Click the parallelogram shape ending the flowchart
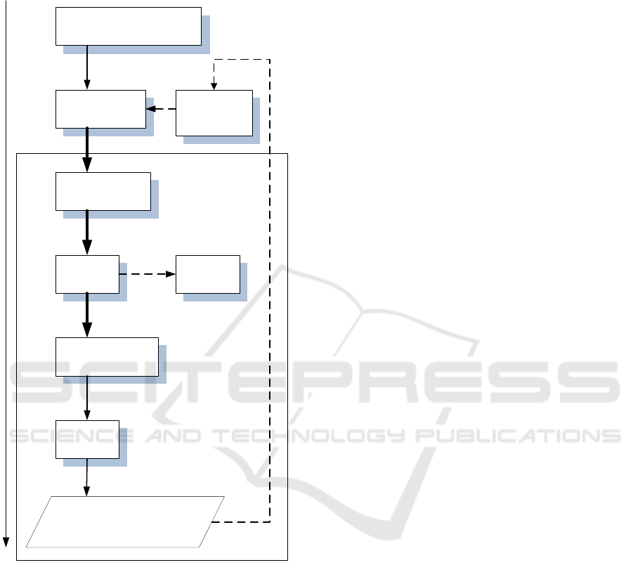pyautogui.click(x=125, y=521)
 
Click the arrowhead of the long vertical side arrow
pyautogui.click(x=6, y=542)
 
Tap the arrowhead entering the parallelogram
pyautogui.click(x=86, y=492)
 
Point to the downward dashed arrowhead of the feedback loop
pyautogui.click(x=215, y=86)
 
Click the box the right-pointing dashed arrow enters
pyautogui.click(x=207, y=274)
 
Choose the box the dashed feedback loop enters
pyautogui.click(x=214, y=112)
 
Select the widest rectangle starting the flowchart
pyautogui.click(x=129, y=27)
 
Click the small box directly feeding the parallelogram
pyautogui.click(x=87, y=439)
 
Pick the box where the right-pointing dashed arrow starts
pyautogui.click(x=87, y=274)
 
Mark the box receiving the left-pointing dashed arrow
pyautogui.click(x=100, y=109)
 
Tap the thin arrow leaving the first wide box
pyautogui.click(x=87, y=67)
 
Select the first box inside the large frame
pyautogui.click(x=103, y=190)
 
